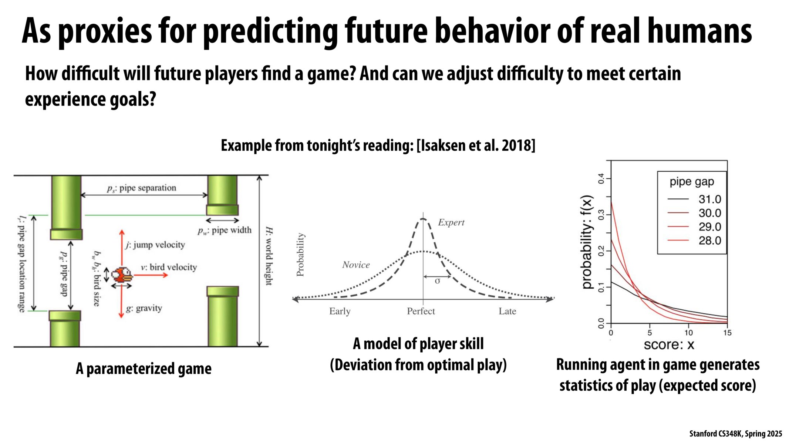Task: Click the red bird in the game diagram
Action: coord(122,275)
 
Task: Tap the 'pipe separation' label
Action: coord(142,188)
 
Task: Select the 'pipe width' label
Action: coord(225,231)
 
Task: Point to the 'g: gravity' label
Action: coord(144,308)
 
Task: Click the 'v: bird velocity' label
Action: coord(169,267)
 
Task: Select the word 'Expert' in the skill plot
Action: coord(451,222)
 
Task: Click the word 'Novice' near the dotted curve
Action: coord(356,265)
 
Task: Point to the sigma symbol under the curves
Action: coord(437,281)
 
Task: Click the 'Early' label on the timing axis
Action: coord(340,311)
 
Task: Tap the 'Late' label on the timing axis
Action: coord(507,311)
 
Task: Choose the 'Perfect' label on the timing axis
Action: coord(421,311)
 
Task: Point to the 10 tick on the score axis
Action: coord(688,333)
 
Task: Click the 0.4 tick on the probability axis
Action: coord(601,179)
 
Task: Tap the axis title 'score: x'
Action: coord(669,345)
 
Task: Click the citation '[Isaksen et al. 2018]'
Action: coord(476,145)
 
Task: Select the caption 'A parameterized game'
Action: coord(144,369)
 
